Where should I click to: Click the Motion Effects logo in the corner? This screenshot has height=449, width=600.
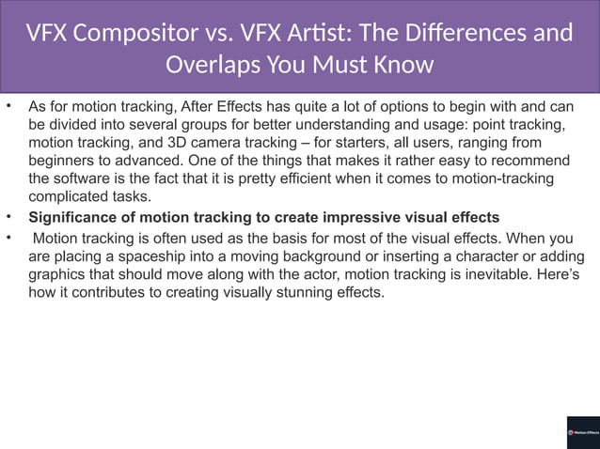click(x=582, y=432)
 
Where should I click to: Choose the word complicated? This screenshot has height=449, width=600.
click(x=68, y=196)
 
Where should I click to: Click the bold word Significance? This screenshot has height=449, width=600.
click(x=74, y=218)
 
